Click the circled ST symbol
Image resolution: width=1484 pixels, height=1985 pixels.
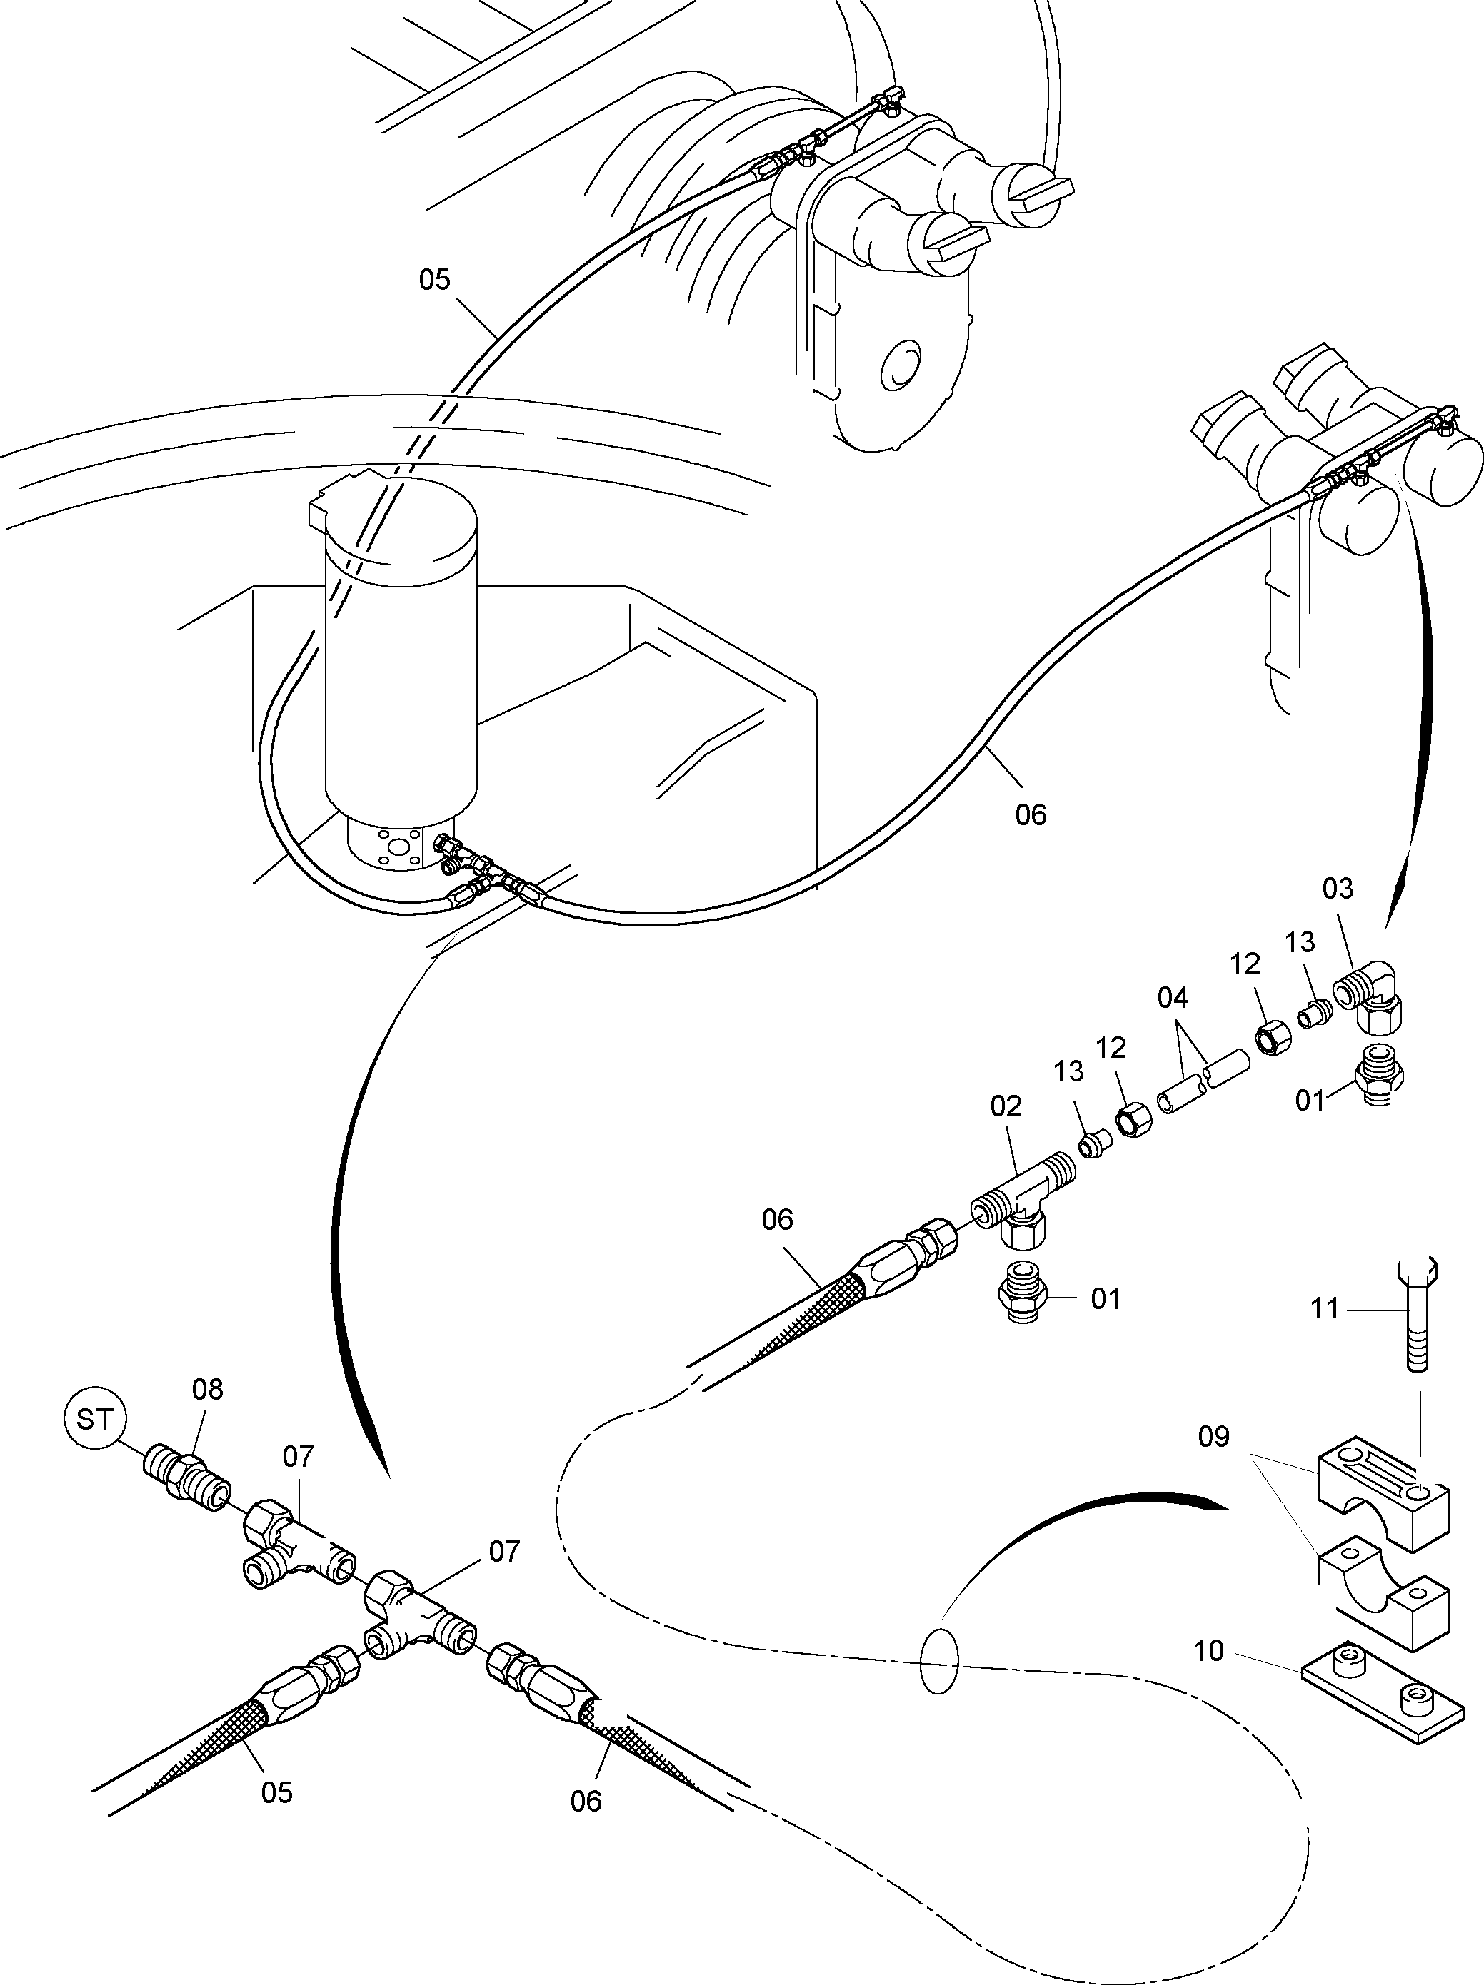point(95,1419)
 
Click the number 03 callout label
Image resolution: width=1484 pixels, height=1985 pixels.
point(1337,889)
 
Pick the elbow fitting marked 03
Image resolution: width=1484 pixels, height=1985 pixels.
point(1369,996)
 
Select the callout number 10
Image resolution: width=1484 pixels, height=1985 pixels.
point(1208,1651)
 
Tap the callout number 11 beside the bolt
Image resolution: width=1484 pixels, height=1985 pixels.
point(1325,1309)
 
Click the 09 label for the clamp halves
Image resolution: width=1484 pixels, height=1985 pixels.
point(1214,1437)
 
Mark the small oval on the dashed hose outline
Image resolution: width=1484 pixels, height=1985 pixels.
point(939,1662)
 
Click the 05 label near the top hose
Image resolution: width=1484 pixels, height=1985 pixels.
point(434,280)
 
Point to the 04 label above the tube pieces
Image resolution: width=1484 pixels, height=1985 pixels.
point(1173,998)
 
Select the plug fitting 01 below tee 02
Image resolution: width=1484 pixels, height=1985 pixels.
point(1023,1295)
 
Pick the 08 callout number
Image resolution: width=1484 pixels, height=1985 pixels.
point(207,1389)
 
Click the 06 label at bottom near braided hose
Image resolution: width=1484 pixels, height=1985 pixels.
point(586,1801)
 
